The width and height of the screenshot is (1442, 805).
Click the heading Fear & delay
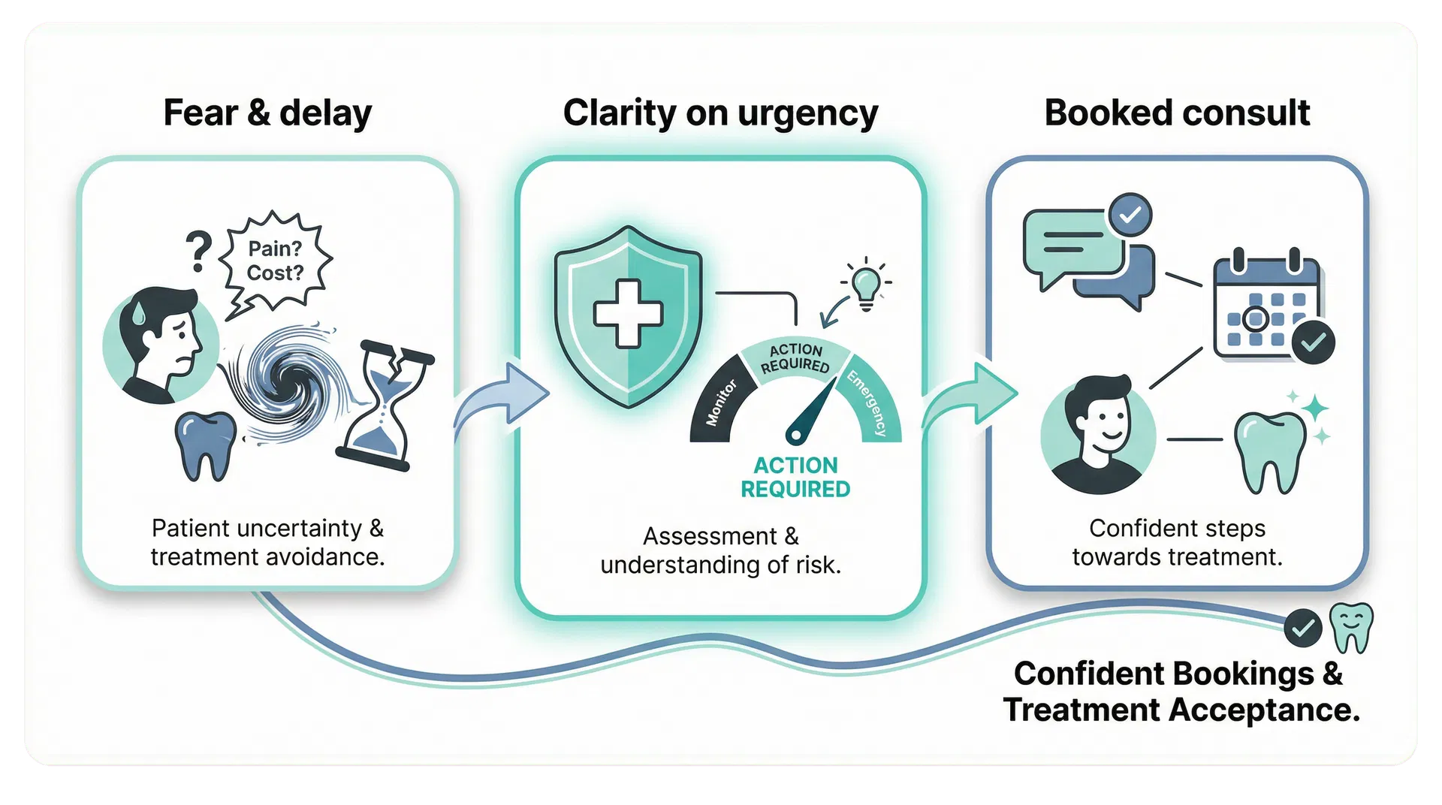pos(267,113)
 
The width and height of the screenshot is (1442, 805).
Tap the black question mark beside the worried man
pos(198,252)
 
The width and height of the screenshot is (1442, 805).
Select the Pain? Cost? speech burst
pos(275,261)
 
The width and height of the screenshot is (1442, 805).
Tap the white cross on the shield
pos(628,314)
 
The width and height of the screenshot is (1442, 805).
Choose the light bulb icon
pos(867,284)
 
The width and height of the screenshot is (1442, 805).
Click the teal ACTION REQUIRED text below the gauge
pos(795,478)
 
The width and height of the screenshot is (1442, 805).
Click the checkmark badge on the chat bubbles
pos(1130,216)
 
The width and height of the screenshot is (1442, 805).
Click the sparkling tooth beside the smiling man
pos(1271,451)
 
